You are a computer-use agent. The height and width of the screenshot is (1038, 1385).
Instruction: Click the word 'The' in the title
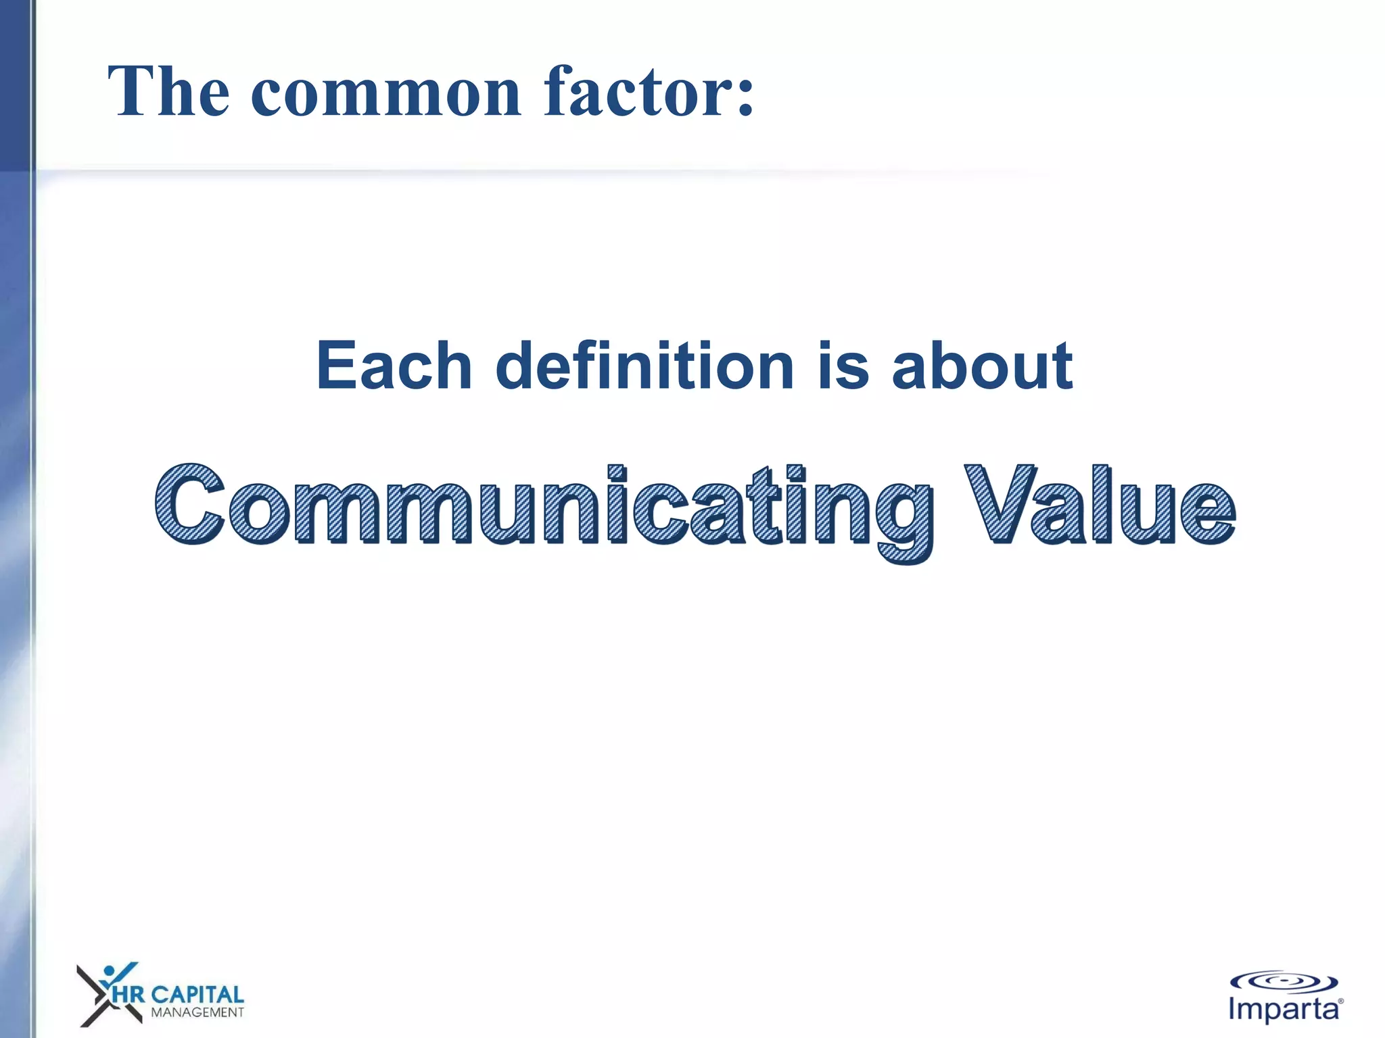tap(168, 93)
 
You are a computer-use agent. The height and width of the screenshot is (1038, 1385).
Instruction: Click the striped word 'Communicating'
tap(544, 507)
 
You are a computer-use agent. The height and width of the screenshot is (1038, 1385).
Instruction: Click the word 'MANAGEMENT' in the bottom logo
tap(197, 1012)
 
